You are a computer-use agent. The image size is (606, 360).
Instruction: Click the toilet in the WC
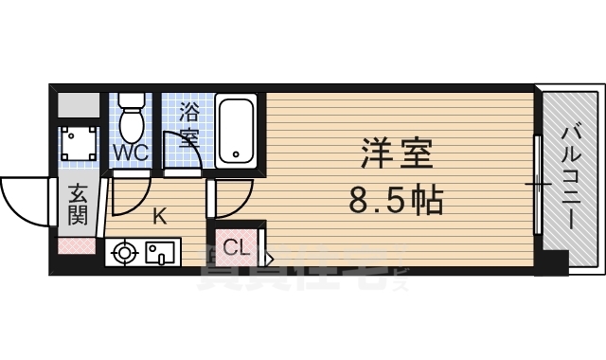click(132, 120)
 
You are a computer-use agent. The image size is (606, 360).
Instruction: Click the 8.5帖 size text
click(397, 201)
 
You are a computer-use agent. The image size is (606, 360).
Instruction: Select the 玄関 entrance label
click(78, 204)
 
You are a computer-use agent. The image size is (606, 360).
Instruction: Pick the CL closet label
click(236, 249)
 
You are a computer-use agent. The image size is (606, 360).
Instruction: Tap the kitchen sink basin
click(159, 253)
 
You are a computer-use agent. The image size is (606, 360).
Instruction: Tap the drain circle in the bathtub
click(233, 154)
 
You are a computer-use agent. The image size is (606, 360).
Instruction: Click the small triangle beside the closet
click(269, 256)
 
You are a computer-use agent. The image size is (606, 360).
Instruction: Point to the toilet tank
click(132, 101)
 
